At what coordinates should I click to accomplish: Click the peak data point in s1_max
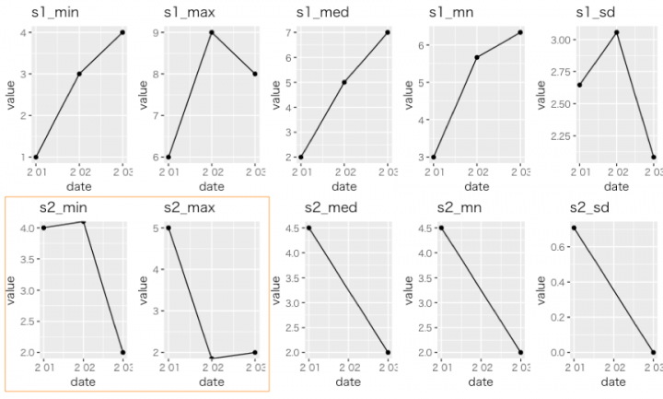(x=212, y=32)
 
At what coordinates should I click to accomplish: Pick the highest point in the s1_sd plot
(x=616, y=32)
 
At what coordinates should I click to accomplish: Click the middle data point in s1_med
(x=344, y=82)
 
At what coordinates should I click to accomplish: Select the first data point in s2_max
(x=169, y=228)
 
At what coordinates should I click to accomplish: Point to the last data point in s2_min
(x=122, y=352)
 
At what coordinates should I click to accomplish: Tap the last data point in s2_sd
(x=653, y=352)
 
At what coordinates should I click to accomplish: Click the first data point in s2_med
(x=308, y=228)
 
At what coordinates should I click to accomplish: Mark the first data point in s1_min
(x=36, y=157)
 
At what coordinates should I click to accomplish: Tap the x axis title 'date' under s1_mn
(x=477, y=186)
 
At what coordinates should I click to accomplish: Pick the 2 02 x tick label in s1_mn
(x=477, y=171)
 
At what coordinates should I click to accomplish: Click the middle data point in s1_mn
(x=477, y=57)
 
